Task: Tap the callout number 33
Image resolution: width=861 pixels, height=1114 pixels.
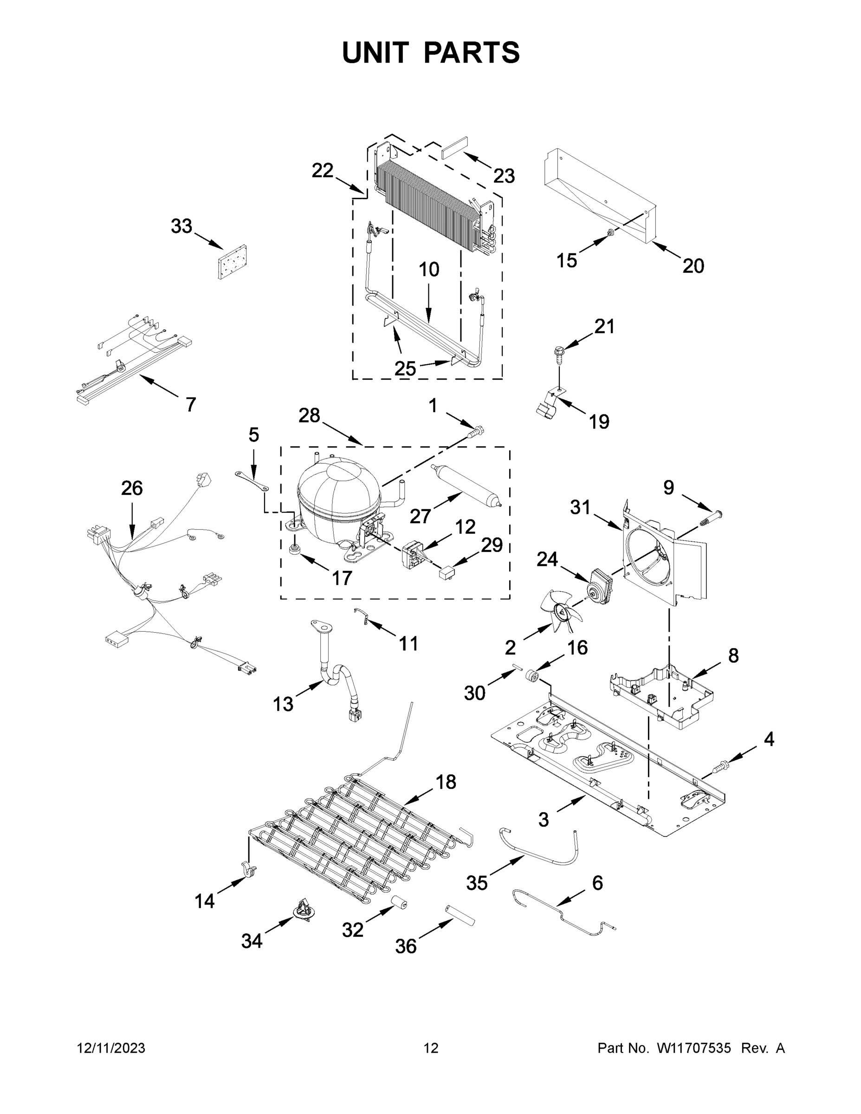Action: (x=181, y=226)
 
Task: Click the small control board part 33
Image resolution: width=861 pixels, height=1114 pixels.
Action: (x=232, y=262)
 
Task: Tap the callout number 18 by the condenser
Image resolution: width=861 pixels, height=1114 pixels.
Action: (x=445, y=782)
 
